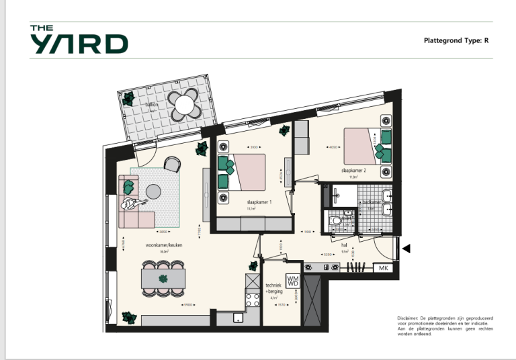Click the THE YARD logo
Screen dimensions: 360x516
(x=79, y=40)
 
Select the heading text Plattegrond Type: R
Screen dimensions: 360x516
(x=456, y=40)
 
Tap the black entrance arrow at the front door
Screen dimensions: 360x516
(x=406, y=249)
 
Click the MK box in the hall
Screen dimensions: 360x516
(x=384, y=269)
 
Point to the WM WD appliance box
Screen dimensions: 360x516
(x=292, y=280)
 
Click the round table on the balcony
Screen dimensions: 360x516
(x=182, y=103)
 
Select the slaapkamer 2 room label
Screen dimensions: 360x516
(x=353, y=171)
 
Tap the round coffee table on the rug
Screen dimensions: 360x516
(x=154, y=191)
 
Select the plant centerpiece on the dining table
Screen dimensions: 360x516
(x=162, y=278)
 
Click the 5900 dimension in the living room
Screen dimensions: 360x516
(x=188, y=306)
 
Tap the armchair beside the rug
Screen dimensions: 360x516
(x=173, y=163)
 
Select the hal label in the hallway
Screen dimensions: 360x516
(x=344, y=246)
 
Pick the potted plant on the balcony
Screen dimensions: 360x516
(x=128, y=98)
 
